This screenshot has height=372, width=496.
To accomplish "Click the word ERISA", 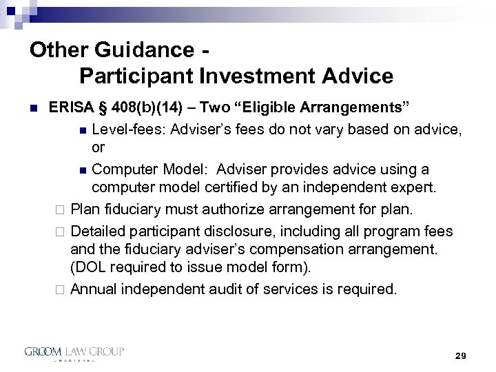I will click(x=71, y=108).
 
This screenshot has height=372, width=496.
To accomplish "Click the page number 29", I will click(x=461, y=355).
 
